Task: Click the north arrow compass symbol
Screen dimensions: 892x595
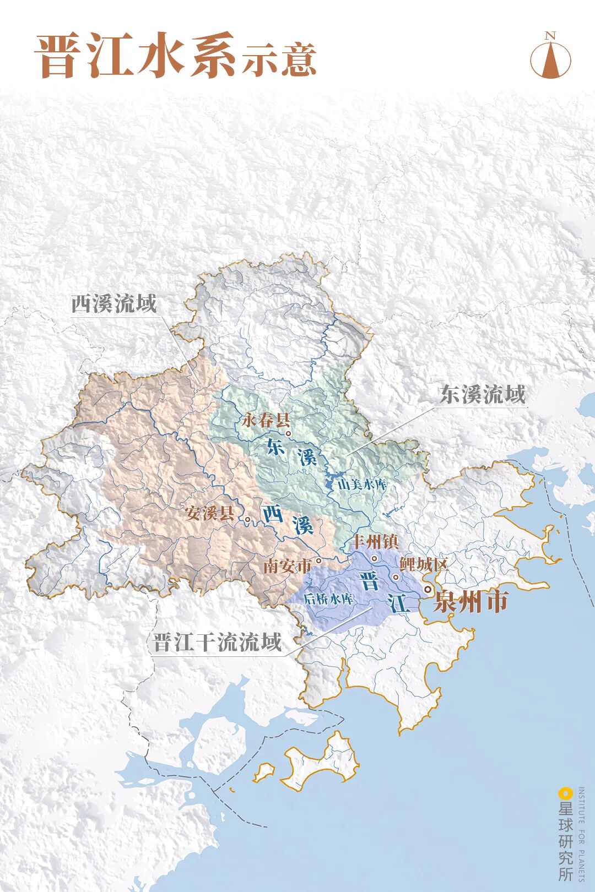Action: [550, 57]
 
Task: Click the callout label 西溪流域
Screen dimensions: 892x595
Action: [114, 303]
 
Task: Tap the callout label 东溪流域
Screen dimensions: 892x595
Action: [483, 394]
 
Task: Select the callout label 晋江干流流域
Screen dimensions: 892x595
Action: [217, 642]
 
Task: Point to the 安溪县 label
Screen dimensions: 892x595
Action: [209, 513]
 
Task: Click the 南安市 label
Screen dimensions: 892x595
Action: [286, 565]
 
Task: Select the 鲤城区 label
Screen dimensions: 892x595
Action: [424, 564]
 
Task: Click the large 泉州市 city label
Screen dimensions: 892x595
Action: [470, 602]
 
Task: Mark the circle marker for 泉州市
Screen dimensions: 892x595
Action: [428, 590]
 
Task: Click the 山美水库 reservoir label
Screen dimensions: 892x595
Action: [362, 485]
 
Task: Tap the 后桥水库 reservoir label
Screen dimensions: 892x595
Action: [329, 599]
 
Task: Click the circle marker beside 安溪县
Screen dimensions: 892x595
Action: [248, 519]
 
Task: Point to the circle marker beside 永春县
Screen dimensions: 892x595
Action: [288, 433]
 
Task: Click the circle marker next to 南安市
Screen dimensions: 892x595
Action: [318, 561]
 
